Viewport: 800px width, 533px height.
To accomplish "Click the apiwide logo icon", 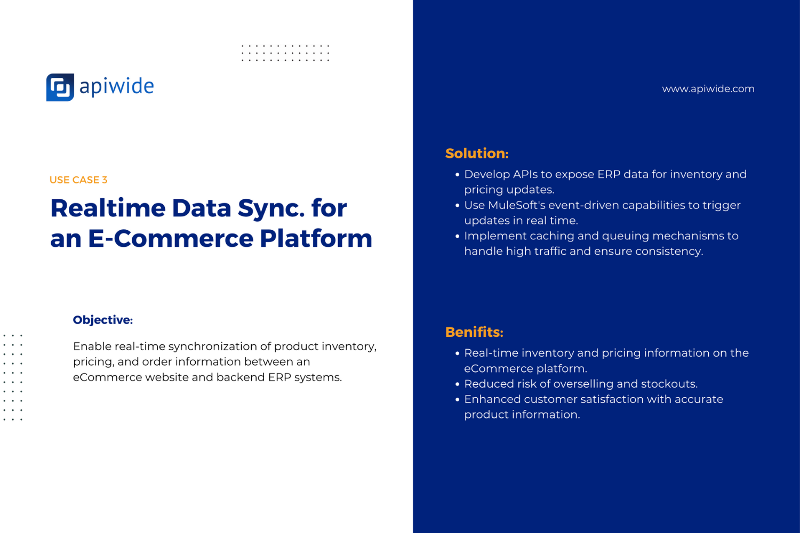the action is coord(60,87).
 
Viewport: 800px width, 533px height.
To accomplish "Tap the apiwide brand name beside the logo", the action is coord(116,87).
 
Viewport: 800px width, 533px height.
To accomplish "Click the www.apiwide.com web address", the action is coord(708,88).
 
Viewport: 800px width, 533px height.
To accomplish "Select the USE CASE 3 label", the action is coord(78,180).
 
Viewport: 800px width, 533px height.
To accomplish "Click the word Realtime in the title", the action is coord(108,208).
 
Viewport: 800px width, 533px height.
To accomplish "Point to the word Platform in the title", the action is coord(316,238).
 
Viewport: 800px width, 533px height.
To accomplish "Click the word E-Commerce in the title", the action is coord(171,238).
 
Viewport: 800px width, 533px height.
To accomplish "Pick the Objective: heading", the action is coord(103,320).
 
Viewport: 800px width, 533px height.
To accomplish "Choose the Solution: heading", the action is coord(477,154).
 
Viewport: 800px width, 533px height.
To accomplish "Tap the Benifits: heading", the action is coord(474,332).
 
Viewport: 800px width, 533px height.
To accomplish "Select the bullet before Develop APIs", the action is coord(458,175).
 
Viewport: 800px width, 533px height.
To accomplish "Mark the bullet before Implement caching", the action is coord(458,236).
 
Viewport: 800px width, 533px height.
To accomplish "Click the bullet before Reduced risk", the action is coord(458,384).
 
